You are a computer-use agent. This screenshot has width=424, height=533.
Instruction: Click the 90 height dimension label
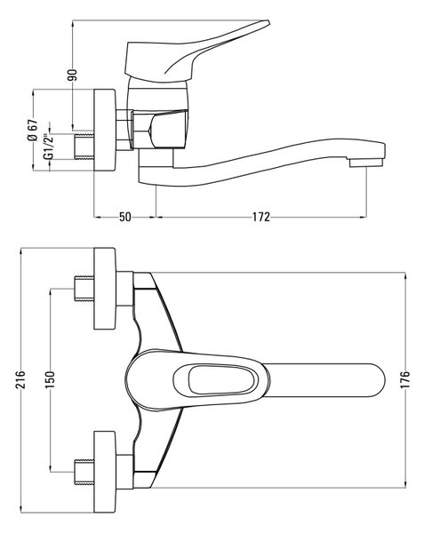point(72,75)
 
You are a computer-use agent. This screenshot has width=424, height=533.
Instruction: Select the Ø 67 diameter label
point(33,131)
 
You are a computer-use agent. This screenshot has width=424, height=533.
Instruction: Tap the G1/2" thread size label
point(49,147)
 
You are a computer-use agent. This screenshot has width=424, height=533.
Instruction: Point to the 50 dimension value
point(125,217)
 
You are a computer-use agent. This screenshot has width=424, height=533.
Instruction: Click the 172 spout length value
point(261,217)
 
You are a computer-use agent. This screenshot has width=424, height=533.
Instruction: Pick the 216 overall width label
point(21,379)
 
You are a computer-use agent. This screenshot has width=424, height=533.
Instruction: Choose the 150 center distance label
point(50,379)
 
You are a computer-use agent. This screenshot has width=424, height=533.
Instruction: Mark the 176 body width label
point(405,379)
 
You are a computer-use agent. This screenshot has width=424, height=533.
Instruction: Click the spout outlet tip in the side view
point(367,163)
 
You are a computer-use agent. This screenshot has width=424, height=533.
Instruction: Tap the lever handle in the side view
point(190,54)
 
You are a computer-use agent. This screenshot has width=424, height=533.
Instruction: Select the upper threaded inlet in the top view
point(84,289)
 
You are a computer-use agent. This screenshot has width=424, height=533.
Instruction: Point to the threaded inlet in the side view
point(84,147)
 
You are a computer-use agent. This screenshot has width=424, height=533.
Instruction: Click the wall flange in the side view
point(105,131)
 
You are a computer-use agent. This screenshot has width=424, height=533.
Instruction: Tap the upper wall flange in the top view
point(105,289)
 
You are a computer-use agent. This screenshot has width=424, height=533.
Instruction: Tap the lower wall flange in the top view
point(105,472)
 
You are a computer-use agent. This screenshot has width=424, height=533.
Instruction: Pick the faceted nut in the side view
point(160,129)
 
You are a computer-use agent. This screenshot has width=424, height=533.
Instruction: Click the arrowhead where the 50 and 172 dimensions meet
point(156,216)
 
